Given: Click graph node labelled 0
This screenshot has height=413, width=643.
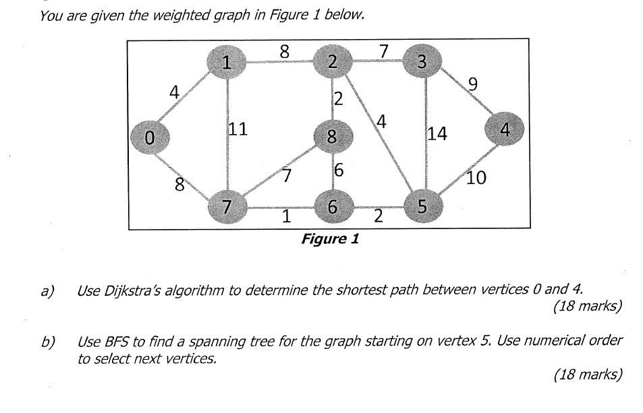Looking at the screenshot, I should coord(150,137).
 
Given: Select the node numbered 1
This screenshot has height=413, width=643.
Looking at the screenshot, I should coord(227,63).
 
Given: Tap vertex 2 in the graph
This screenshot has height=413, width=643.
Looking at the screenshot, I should coord(332,63).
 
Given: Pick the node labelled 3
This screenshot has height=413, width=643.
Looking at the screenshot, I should coord(422,63).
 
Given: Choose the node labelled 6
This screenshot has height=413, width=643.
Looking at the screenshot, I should coord(331,208).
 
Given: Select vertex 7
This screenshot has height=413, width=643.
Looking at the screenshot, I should coord(227,208).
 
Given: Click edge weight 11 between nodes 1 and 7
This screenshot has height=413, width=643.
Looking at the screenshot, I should coord(237,130).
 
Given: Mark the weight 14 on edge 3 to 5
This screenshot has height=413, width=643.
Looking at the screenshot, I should coord(437,134).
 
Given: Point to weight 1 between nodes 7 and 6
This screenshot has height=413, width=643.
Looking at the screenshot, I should coord(287,218).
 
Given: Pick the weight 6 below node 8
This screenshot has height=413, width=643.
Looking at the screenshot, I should coord(339,171).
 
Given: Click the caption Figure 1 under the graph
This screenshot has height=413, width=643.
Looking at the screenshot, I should coord(330,239).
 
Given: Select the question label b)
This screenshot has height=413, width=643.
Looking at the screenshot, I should coord(47,342).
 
